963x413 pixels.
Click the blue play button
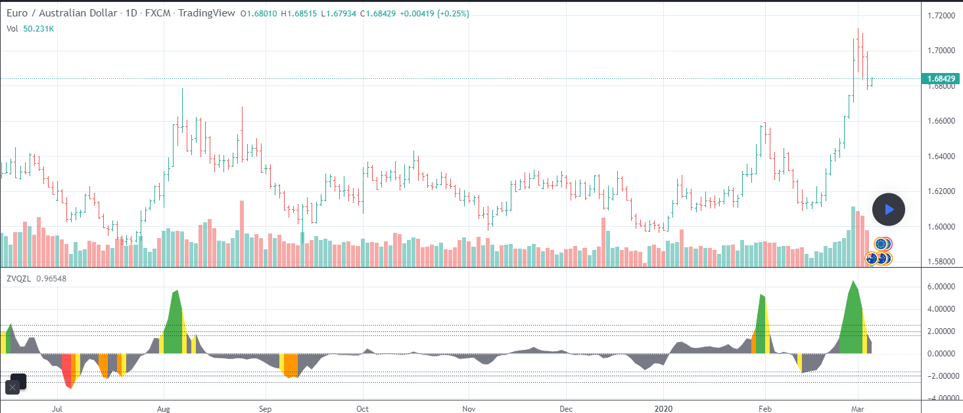(x=888, y=210)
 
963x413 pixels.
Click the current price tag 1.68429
(x=941, y=79)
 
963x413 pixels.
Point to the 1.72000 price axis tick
(x=941, y=15)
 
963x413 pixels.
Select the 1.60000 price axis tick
(x=941, y=227)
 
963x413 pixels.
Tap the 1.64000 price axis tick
(x=941, y=157)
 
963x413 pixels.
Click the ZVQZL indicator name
(x=18, y=279)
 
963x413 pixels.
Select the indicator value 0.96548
(x=51, y=279)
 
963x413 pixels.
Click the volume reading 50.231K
(x=39, y=28)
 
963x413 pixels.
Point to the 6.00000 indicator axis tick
(x=941, y=287)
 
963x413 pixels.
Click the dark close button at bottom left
(x=12, y=387)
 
